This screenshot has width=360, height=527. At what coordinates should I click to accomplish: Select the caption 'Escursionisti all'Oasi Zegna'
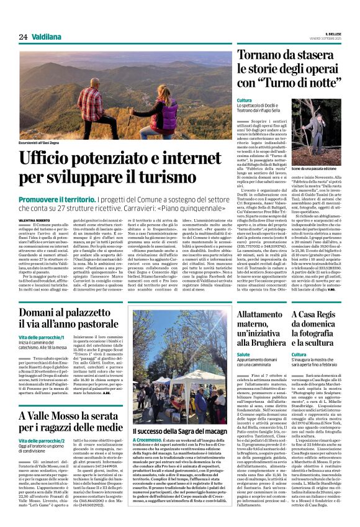[47, 144]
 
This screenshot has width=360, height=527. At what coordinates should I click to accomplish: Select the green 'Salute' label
[243, 354]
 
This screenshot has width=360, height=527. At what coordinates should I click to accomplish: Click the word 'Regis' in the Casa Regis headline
[330, 315]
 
